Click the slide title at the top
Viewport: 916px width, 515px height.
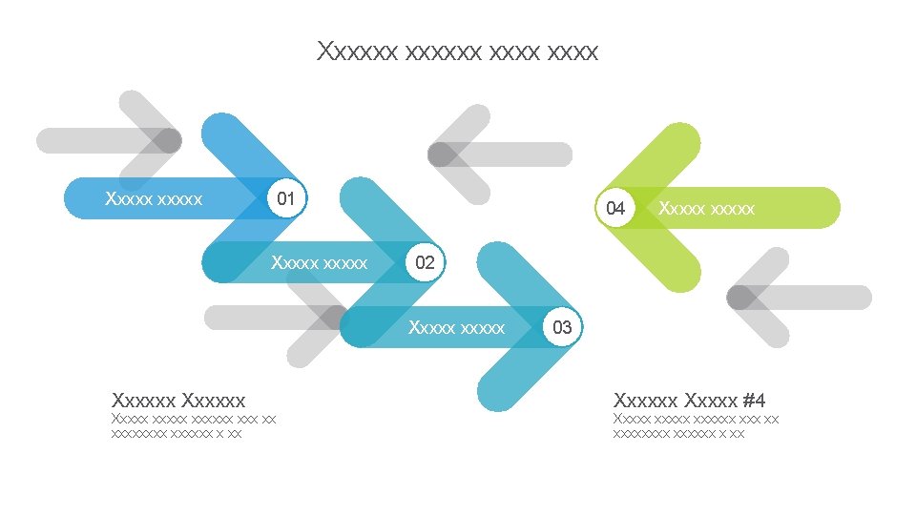(x=457, y=51)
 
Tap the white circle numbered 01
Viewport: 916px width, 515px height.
(x=285, y=198)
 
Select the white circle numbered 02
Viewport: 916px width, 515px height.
(x=425, y=263)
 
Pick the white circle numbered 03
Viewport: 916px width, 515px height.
(x=562, y=328)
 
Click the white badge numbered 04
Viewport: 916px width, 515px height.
(x=615, y=208)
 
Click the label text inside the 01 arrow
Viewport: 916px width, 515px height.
(x=154, y=199)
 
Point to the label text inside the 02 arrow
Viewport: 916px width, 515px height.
(x=319, y=262)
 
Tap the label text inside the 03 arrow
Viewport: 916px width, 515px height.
(x=456, y=328)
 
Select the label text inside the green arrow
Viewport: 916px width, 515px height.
(x=707, y=208)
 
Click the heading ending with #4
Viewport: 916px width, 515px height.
(x=690, y=400)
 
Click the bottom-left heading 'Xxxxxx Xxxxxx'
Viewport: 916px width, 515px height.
(x=178, y=400)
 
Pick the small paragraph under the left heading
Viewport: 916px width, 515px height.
(x=193, y=425)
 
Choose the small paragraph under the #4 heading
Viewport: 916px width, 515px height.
(x=695, y=425)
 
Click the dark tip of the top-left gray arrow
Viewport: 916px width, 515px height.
(x=167, y=140)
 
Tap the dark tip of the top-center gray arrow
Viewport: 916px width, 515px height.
(x=442, y=154)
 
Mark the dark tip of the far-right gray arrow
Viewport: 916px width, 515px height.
(x=740, y=298)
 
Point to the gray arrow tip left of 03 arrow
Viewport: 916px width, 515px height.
(x=334, y=318)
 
